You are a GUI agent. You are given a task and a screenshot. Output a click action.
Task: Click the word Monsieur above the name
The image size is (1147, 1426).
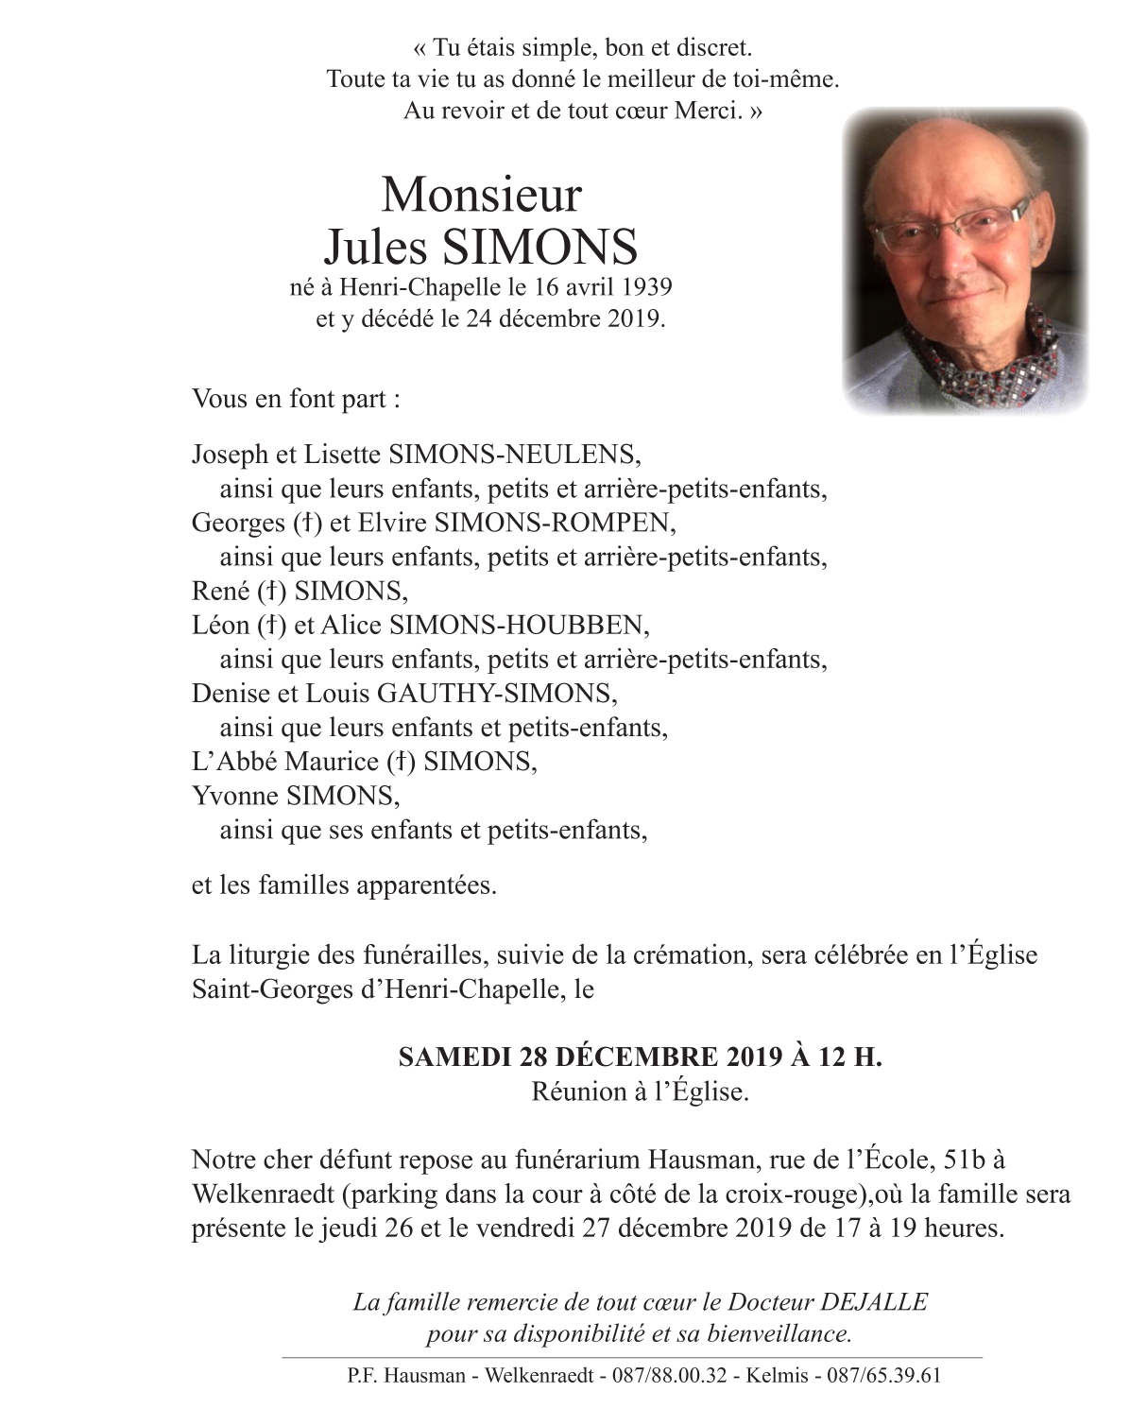481,195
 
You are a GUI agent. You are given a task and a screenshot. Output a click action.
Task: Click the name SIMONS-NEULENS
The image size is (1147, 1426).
515,455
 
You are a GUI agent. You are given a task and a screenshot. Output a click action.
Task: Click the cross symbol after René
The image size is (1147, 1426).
271,592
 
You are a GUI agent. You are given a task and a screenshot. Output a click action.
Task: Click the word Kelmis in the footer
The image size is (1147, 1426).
776,1375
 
